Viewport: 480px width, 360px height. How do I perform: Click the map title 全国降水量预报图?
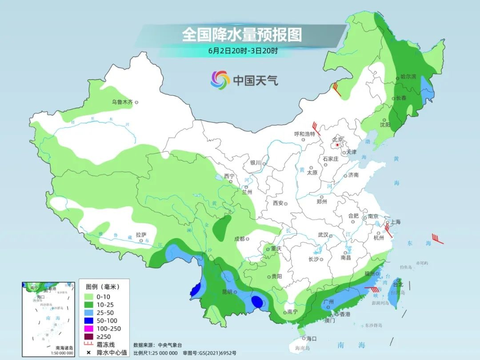coord(242,35)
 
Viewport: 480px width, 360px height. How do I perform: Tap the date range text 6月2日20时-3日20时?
coord(243,50)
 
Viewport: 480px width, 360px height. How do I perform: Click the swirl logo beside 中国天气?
coord(220,80)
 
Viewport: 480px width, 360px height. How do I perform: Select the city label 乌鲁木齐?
coord(122,102)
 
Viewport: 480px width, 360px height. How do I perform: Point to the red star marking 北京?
coord(338,145)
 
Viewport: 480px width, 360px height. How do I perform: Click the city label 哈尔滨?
coord(408,77)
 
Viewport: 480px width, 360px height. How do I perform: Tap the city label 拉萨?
coord(141,234)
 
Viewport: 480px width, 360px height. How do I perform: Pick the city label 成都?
coord(239,239)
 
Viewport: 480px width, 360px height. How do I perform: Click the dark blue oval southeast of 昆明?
coord(257,302)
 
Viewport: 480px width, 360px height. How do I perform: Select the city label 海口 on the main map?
coord(311,338)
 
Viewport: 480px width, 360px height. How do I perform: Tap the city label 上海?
coord(395,222)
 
